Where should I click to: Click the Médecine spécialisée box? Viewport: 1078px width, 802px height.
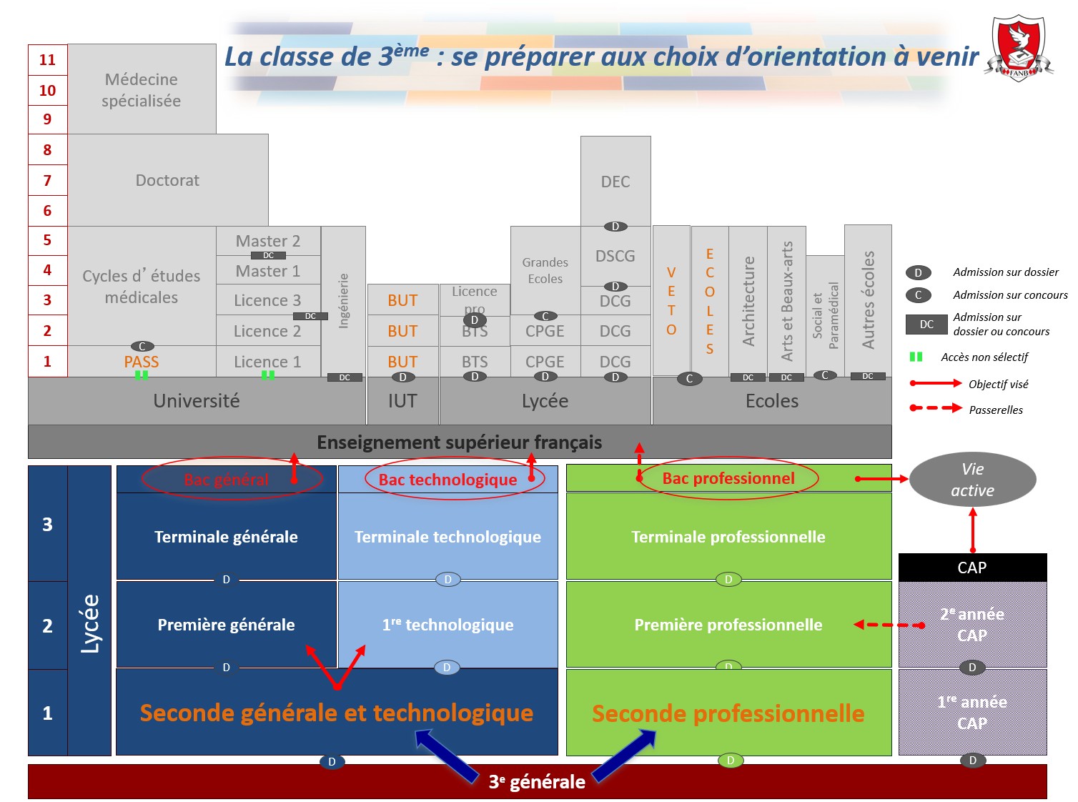tap(142, 89)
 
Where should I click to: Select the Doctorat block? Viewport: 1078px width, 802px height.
tap(168, 180)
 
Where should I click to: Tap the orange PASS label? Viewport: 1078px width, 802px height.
tap(142, 362)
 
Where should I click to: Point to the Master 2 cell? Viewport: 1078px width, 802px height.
tap(268, 241)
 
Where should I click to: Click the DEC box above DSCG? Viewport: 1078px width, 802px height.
tap(615, 182)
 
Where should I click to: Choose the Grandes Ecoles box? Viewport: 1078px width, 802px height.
tap(545, 270)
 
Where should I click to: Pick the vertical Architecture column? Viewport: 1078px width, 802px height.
tap(748, 300)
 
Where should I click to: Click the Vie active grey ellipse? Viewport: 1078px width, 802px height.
tap(972, 480)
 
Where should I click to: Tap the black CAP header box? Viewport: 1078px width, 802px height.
tap(972, 568)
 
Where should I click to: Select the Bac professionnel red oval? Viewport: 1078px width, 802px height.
tap(728, 478)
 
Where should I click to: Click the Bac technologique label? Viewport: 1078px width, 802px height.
tap(447, 480)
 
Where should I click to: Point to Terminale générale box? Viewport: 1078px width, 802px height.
tap(226, 537)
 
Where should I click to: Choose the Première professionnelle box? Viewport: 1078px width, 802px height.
tap(728, 625)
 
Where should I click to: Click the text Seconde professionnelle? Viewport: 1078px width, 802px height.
tap(728, 713)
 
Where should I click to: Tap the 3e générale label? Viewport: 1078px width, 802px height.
tap(537, 782)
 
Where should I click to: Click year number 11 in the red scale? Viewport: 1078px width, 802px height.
tap(47, 60)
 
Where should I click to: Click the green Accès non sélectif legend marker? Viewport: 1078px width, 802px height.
tap(916, 357)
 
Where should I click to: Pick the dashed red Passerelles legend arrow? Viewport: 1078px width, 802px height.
tap(935, 408)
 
